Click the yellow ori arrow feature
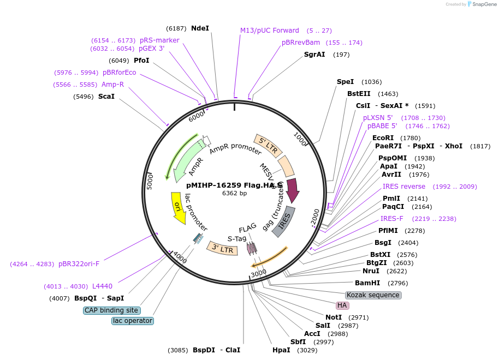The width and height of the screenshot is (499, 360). click(178, 208)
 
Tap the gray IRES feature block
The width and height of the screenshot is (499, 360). click(284, 221)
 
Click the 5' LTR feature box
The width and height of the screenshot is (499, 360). click(268, 145)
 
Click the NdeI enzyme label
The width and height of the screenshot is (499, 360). click(200, 28)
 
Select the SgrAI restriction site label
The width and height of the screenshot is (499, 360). click(314, 55)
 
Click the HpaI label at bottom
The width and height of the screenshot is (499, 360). click(281, 350)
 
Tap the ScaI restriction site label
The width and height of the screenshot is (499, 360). click(106, 97)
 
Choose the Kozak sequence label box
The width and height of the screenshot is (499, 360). click(373, 295)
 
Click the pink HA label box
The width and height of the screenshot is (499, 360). click(342, 305)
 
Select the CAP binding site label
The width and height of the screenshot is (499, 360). click(111, 310)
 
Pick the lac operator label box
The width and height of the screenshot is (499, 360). click(133, 321)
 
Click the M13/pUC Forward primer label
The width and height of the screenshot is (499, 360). click(270, 31)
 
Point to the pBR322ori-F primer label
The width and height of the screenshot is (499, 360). click(79, 264)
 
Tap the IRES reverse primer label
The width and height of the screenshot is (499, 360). click(404, 187)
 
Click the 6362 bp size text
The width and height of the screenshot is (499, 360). click(235, 193)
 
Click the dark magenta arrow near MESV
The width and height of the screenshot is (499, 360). click(292, 190)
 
